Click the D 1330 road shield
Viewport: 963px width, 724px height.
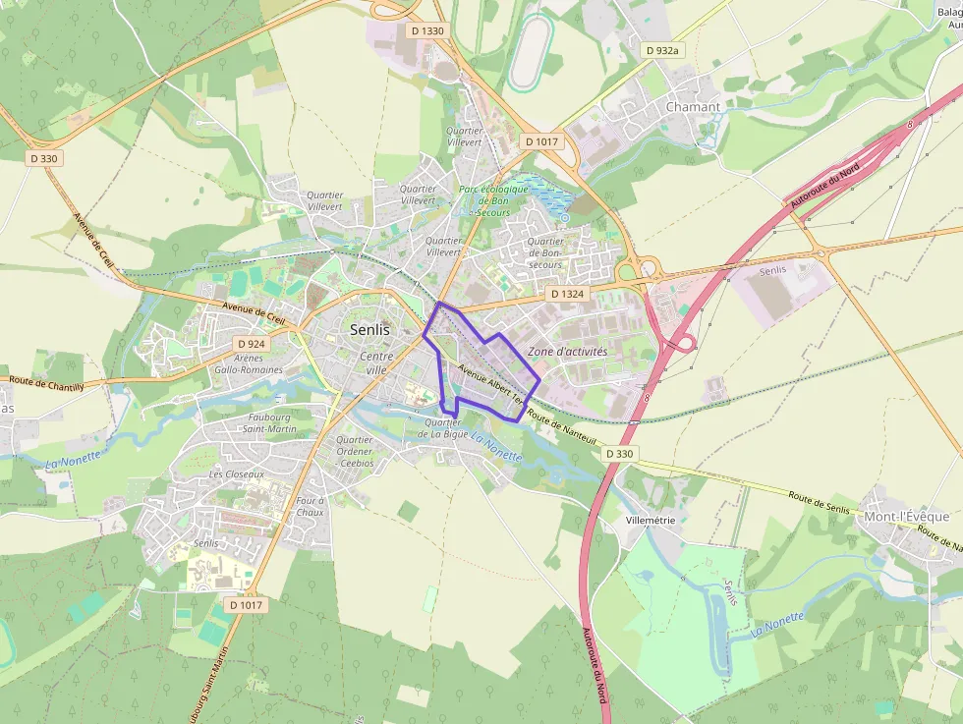(427, 31)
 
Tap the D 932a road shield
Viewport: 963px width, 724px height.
(662, 49)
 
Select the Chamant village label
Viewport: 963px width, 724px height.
(693, 106)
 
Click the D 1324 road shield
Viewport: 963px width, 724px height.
(567, 294)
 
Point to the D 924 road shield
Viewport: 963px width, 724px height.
(252, 344)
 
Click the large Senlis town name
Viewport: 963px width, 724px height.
(369, 330)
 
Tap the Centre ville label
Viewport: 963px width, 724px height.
(376, 362)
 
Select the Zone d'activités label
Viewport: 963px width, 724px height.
(568, 351)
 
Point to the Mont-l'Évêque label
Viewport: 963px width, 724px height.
(906, 517)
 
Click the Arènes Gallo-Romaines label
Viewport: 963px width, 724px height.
(248, 364)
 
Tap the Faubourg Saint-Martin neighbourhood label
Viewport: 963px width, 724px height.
(269, 422)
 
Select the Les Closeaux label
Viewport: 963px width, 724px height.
(237, 473)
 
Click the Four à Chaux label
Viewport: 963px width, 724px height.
(310, 506)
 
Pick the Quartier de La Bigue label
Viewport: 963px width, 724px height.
(442, 427)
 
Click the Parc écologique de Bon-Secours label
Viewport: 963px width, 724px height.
(493, 199)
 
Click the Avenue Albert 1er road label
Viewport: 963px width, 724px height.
(488, 382)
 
